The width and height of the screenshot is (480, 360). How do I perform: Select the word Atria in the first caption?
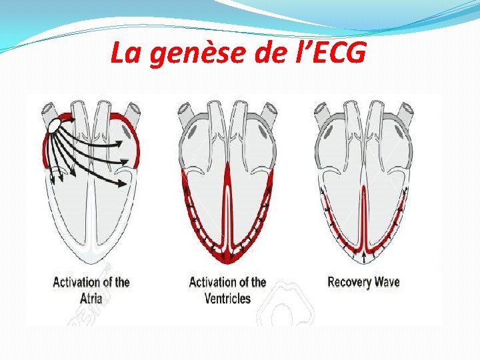[x=91, y=297]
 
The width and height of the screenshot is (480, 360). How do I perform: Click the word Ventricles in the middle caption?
[x=227, y=297]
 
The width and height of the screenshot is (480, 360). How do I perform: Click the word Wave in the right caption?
[x=387, y=281]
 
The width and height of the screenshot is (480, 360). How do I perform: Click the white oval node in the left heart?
[x=53, y=125]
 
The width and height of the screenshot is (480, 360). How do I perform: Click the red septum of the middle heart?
[x=227, y=200]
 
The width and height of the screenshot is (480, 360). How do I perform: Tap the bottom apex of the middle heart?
[x=227, y=262]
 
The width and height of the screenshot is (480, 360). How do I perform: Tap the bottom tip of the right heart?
[x=364, y=262]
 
